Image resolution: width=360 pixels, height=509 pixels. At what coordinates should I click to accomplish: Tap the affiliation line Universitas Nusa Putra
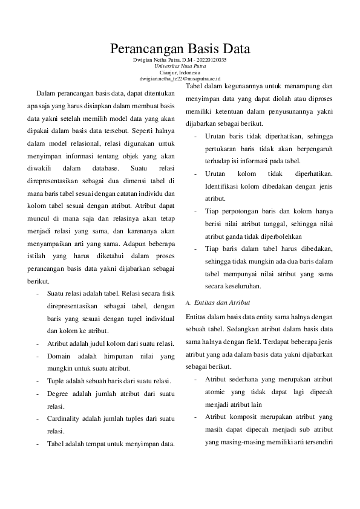[x=180, y=67]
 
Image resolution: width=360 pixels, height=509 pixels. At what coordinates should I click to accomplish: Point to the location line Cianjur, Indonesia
[x=180, y=73]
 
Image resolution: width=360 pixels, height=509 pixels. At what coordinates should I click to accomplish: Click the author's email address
[x=180, y=79]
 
